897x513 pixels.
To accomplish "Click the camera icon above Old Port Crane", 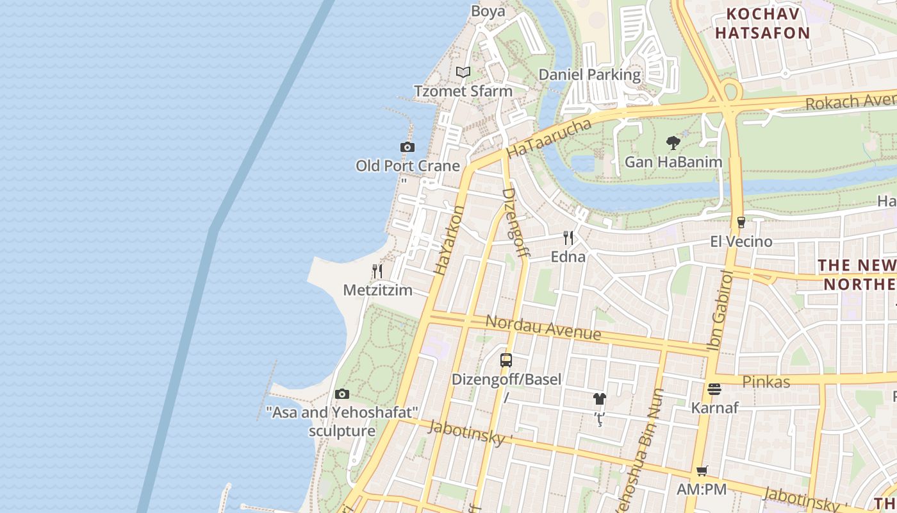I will pos(407,147).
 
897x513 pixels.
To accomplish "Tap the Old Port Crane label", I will pos(407,166).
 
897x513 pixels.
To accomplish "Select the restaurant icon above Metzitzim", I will pos(377,271).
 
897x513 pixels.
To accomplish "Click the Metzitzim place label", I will pos(377,290).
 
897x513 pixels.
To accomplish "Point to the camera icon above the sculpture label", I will pos(342,394).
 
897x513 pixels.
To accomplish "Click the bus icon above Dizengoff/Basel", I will pos(506,360).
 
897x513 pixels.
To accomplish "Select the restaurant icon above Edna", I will pos(568,238).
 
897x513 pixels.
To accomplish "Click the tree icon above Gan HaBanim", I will pos(673,142).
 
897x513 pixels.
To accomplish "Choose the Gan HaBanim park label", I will pos(673,162).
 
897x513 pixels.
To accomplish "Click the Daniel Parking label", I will pos(589,74).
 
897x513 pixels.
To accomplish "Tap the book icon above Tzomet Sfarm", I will pos(463,72).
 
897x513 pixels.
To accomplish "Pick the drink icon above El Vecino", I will pos(741,223).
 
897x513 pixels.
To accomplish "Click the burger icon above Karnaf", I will pos(714,389).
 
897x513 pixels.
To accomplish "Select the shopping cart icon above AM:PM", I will pos(702,471).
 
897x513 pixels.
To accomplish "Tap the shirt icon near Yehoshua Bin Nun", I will pos(599,399).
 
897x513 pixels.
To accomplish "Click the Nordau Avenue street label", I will pos(543,328).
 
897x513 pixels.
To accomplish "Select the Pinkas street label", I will pos(766,382).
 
